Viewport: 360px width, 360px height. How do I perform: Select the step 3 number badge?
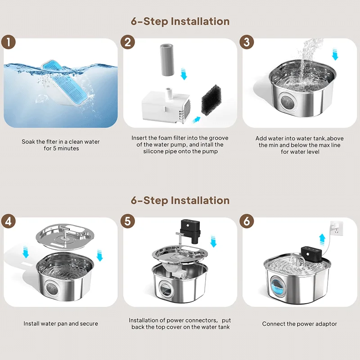(x=247, y=42)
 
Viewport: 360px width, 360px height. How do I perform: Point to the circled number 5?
(x=128, y=221)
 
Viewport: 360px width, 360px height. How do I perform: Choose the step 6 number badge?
(x=247, y=221)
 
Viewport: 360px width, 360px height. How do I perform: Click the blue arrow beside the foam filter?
(x=196, y=119)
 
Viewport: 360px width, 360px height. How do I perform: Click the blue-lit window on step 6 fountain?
(x=276, y=286)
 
